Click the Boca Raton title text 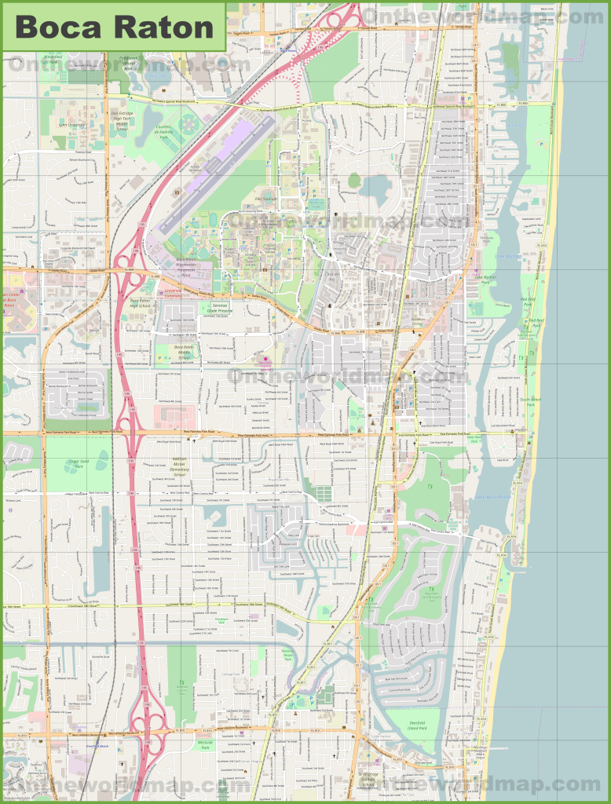click(x=115, y=27)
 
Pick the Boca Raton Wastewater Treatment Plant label click(x=188, y=266)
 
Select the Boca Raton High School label click(x=139, y=305)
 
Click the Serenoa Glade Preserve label click(x=220, y=308)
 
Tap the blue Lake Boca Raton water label click(x=493, y=497)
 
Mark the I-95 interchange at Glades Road click(x=132, y=272)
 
